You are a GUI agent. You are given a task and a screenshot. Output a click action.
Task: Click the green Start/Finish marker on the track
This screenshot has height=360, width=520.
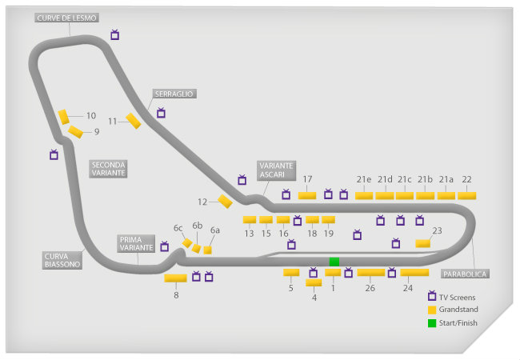334,262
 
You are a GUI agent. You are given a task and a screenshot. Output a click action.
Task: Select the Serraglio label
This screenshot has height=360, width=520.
174,94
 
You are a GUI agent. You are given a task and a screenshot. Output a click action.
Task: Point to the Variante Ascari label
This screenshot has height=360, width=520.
277,170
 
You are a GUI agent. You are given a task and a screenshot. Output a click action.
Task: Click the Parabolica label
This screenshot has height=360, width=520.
464,273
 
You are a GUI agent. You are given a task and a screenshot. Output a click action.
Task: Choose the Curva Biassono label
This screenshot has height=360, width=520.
62,260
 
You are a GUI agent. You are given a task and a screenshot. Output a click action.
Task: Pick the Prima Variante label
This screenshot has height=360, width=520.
136,243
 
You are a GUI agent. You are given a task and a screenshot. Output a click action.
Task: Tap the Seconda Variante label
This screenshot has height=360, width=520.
109,168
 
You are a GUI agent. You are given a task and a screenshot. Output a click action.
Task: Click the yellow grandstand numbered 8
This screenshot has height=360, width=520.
175,278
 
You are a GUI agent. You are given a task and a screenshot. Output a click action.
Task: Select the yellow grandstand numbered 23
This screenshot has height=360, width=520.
422,243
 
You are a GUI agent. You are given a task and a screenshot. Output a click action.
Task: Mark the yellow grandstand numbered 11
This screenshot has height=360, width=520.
134,121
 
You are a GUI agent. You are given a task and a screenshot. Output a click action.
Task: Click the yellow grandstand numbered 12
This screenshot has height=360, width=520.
225,202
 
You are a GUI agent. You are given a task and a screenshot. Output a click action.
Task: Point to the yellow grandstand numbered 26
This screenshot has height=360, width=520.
370,272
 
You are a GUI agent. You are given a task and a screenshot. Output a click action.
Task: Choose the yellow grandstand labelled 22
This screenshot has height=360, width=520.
466,195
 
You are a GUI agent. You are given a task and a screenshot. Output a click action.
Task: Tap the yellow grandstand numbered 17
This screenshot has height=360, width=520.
307,195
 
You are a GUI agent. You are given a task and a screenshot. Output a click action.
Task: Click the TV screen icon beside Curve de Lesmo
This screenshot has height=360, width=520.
115,35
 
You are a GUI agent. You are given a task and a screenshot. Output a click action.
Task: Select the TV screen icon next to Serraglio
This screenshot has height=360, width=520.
161,113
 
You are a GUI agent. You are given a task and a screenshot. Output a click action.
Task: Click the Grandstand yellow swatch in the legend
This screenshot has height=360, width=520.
432,309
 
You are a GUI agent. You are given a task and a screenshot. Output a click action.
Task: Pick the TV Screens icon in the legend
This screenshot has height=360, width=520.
432,296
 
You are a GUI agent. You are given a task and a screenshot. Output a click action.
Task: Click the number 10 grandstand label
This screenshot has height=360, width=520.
91,115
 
